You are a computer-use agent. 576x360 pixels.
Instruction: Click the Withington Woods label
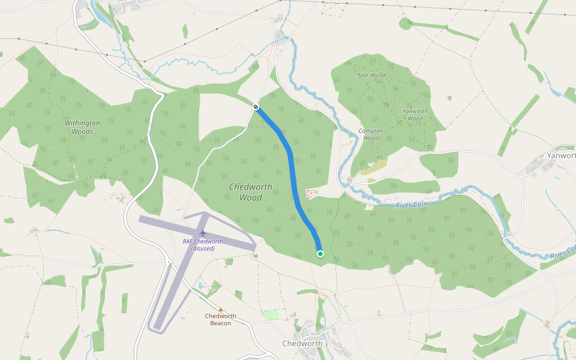[82, 127]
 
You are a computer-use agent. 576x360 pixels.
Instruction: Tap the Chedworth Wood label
[250, 192]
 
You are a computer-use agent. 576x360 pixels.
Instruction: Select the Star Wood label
[371, 76]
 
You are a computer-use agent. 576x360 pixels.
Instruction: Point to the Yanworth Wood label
[415, 115]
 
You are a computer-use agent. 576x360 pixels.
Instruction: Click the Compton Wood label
[371, 134]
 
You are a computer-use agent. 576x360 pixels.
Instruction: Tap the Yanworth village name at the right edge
[561, 155]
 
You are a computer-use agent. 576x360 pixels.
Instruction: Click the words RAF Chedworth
[203, 241]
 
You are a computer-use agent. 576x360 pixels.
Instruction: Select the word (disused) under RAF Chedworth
[203, 248]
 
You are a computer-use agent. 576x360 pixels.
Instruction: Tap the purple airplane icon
[203, 232]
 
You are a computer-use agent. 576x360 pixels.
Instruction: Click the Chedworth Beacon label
[220, 320]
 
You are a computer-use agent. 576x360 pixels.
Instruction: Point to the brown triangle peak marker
[221, 310]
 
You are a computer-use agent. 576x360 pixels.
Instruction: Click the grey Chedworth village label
[302, 344]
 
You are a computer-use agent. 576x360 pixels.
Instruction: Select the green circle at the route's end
[320, 254]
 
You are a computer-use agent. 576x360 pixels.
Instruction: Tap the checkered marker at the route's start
[256, 107]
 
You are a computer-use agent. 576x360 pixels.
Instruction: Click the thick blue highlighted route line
[293, 174]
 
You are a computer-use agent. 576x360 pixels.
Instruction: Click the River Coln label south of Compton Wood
[412, 205]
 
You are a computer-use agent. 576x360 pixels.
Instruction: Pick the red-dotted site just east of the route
[311, 193]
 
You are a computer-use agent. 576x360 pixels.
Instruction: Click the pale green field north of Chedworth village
[271, 314]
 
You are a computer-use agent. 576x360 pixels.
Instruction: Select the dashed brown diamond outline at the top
[334, 8]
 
